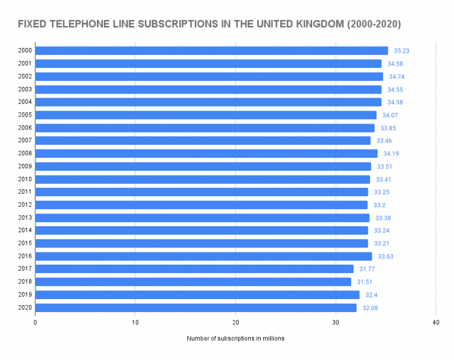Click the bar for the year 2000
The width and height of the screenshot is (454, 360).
[212, 51]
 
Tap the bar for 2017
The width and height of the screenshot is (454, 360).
[194, 269]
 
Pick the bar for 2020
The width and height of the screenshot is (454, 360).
[196, 307]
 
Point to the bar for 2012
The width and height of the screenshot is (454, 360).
[202, 205]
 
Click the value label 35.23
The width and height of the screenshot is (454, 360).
[402, 51]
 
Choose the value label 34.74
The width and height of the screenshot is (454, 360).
[397, 77]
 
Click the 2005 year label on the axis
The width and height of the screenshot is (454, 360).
[25, 115]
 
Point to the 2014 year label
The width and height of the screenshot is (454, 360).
[25, 231]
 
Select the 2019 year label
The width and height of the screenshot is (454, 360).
[25, 294]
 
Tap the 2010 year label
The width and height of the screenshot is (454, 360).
[25, 179]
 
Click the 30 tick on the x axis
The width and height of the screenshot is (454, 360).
[336, 322]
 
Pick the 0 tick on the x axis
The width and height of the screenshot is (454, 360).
[35, 322]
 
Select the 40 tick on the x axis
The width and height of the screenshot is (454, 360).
[436, 322]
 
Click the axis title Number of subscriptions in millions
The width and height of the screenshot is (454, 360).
[235, 339]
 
